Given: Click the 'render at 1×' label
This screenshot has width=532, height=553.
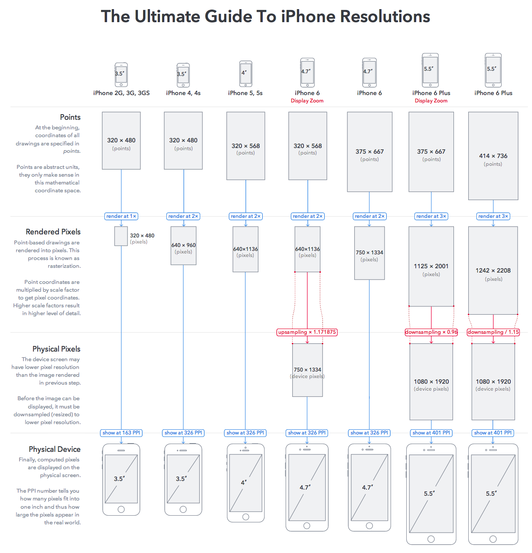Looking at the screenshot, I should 121,216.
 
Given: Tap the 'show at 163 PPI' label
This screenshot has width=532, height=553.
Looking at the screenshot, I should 121,433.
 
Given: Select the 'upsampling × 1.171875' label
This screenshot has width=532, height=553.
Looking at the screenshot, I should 307,332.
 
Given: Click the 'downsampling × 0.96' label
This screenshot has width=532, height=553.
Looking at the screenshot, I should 431,332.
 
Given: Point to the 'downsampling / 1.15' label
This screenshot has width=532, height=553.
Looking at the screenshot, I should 493,332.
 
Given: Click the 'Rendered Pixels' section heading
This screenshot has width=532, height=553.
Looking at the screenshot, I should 53,232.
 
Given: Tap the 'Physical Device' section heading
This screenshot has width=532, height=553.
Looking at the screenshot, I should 55,449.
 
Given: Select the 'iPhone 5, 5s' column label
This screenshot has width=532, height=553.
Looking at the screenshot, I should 245,93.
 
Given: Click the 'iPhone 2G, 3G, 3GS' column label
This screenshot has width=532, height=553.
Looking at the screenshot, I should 121,93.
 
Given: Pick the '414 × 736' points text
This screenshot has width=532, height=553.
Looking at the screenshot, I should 493,156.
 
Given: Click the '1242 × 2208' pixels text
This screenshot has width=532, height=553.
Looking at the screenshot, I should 493,270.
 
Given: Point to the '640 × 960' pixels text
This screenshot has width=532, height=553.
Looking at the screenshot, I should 183,245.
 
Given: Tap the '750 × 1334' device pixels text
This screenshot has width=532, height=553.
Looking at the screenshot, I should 307,370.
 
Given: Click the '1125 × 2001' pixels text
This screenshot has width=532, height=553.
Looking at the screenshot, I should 431,266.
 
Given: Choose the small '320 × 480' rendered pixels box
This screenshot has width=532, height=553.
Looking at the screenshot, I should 121,236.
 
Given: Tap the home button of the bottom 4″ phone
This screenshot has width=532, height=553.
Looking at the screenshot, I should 246,517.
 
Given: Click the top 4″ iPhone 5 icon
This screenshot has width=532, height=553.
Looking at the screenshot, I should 246,74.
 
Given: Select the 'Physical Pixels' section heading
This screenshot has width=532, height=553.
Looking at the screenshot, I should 56,349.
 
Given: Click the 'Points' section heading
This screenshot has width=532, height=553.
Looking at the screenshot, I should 70,117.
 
